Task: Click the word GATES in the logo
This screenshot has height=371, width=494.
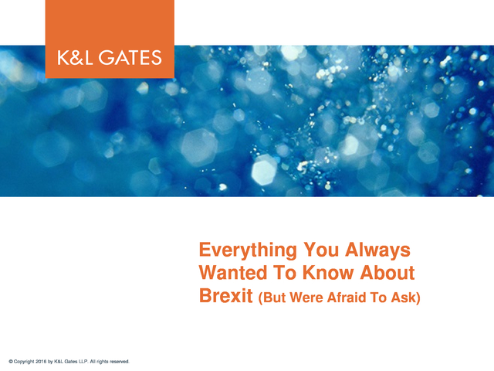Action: tap(130, 58)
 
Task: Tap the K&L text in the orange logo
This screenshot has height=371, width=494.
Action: tap(75, 58)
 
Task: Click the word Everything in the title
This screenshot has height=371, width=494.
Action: tap(248, 250)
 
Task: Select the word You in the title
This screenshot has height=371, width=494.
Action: tap(321, 250)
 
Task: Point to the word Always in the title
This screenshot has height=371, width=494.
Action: tap(377, 250)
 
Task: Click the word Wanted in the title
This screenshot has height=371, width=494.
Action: tap(233, 273)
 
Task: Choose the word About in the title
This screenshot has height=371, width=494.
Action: tap(387, 273)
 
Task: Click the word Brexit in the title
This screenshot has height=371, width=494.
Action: tap(226, 295)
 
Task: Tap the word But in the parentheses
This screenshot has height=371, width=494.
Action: tap(274, 298)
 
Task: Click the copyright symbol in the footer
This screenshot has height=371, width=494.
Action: tap(11, 362)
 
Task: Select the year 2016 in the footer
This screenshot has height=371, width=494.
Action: tap(41, 362)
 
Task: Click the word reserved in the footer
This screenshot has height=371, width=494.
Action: tap(120, 362)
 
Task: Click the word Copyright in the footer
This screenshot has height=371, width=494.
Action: tap(24, 362)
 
